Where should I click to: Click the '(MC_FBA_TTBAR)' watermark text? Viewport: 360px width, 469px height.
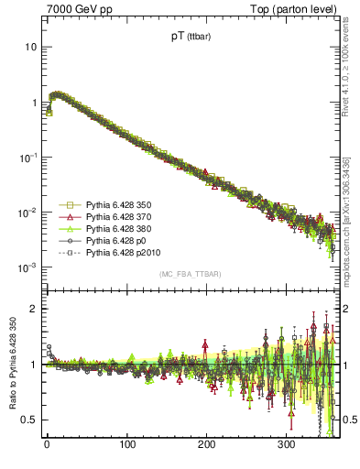[x=190, y=274]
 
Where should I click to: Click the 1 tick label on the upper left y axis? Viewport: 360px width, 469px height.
[x=33, y=102]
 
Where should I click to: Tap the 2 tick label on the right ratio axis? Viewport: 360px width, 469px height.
[x=347, y=309]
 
